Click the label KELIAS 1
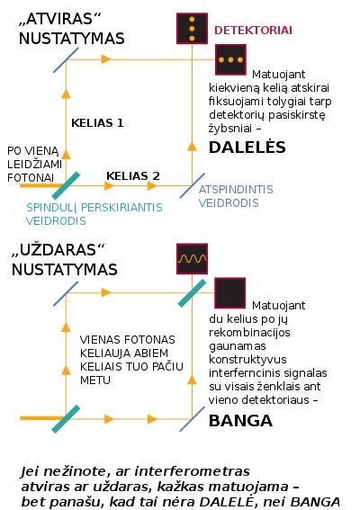(97, 123)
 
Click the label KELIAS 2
(133, 176)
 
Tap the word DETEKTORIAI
(253, 31)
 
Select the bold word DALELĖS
(247, 147)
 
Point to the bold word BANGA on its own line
(240, 421)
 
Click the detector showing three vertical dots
(192, 28)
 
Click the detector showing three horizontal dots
(230, 59)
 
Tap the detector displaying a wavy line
(192, 259)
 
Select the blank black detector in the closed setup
(230, 292)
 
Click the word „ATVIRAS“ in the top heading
(60, 19)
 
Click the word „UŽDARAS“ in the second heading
(58, 250)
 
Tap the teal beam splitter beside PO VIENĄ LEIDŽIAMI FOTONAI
(66, 185)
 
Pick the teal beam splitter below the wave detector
(192, 293)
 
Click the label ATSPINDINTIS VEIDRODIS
(236, 196)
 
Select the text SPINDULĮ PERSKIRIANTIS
(94, 208)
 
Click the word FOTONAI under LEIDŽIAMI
(31, 178)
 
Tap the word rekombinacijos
(249, 333)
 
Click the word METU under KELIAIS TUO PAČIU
(95, 380)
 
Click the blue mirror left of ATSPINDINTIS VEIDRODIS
(192, 185)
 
